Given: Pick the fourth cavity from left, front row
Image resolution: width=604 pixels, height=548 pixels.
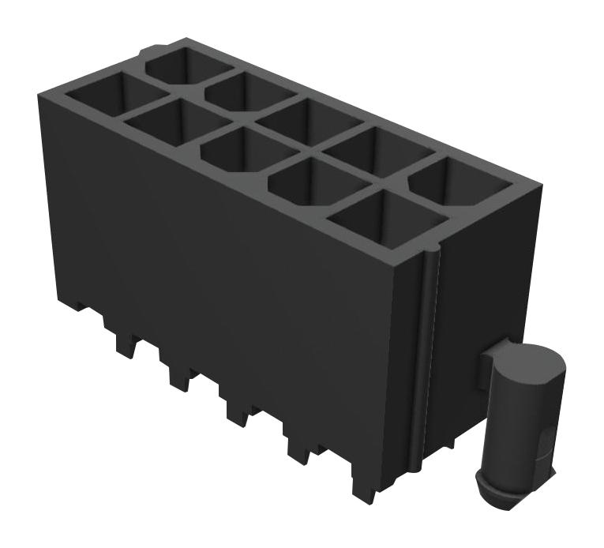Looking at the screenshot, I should point(310,182).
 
